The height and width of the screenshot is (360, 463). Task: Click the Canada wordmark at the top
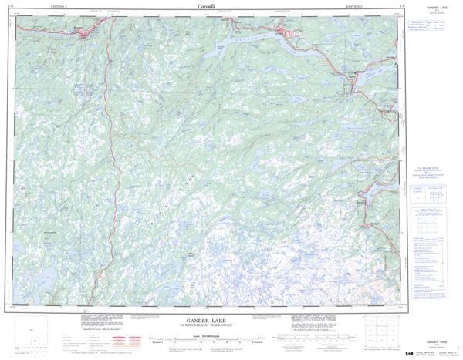point(207,6)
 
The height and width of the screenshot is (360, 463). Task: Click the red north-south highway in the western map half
point(115,154)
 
